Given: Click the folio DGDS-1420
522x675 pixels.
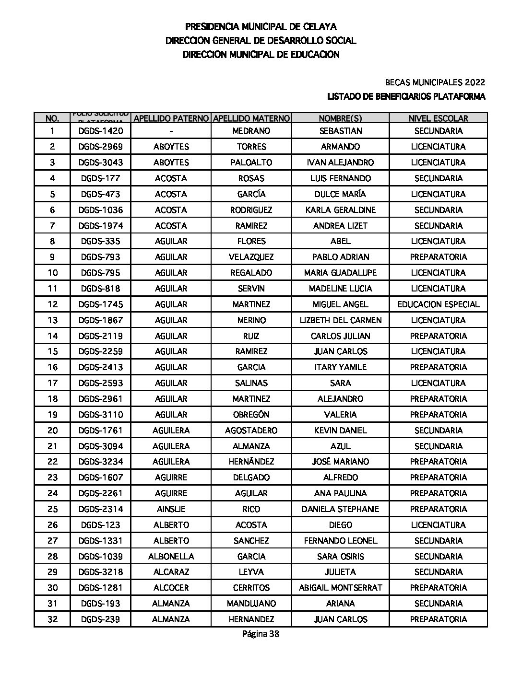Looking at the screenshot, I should (101, 131).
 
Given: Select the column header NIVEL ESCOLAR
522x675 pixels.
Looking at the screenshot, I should (438, 118).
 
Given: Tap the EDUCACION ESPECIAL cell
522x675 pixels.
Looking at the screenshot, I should (438, 304).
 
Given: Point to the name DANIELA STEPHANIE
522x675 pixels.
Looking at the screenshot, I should (340, 509).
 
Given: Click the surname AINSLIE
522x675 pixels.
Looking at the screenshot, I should (171, 509).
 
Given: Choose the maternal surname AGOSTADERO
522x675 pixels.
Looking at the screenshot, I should (251, 431).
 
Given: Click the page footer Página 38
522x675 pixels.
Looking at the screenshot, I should (261, 634).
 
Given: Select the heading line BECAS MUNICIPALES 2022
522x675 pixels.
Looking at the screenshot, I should (435, 82).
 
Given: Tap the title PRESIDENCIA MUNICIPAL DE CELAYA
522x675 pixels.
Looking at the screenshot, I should (261, 27).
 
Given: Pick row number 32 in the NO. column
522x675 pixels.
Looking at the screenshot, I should (52, 619).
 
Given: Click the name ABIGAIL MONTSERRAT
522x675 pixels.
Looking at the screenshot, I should (340, 588).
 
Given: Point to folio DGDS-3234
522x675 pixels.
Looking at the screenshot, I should (101, 462).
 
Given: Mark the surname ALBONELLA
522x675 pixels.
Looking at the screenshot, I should (171, 557).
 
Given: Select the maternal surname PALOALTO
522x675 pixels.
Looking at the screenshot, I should (251, 163).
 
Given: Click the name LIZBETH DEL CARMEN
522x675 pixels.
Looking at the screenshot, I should (340, 320).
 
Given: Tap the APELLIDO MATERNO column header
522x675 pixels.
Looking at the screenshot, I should (251, 118).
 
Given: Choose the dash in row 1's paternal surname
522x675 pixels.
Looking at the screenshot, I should (171, 131).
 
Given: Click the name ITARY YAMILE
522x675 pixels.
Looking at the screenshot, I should (340, 367).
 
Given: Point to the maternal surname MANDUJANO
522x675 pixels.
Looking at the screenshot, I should (251, 604).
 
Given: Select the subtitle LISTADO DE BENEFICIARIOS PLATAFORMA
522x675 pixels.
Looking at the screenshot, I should (406, 97).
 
